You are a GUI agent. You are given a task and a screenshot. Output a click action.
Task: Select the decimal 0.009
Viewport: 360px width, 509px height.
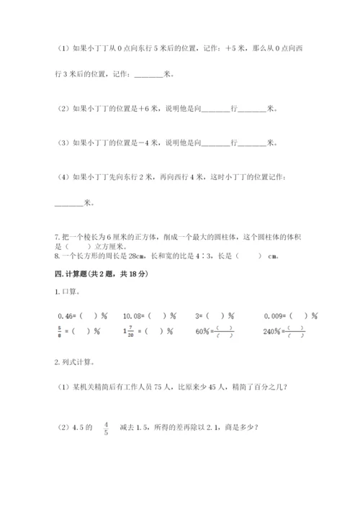tap(276, 315)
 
